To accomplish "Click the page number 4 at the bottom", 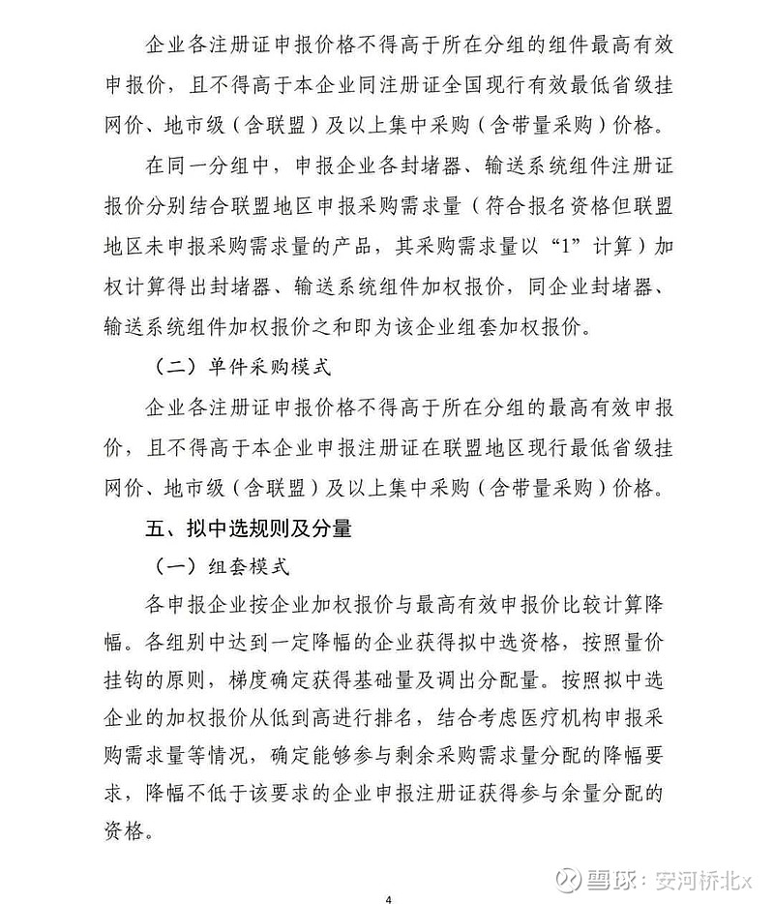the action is click(x=387, y=899).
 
